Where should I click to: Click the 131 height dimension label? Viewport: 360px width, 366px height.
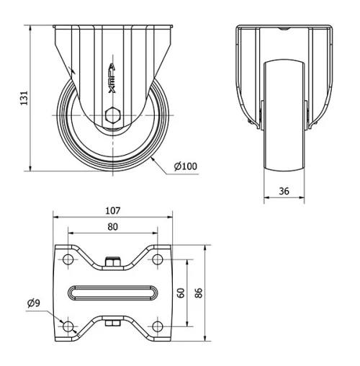point(24,98)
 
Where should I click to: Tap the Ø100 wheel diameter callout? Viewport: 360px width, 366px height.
point(186,166)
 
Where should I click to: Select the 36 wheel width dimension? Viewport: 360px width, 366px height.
point(284,191)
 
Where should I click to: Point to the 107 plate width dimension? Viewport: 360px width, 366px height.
point(113,210)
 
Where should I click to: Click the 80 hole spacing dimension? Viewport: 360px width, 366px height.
point(112,227)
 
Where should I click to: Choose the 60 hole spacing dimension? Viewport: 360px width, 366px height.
point(181,293)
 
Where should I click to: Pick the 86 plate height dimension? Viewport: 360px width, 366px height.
point(199,293)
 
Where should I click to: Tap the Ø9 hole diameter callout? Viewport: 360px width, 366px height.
point(34,303)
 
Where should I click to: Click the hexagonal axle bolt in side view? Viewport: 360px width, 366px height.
point(112,115)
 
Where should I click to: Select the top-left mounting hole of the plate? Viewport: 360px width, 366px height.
point(68,259)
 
